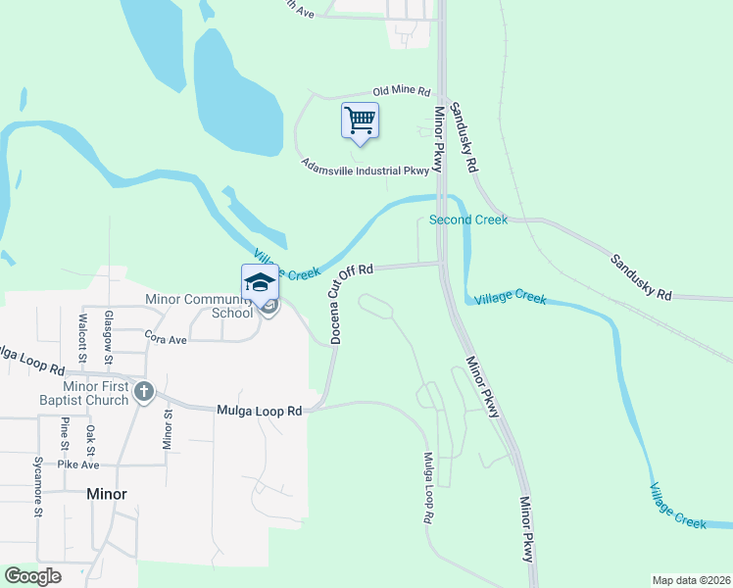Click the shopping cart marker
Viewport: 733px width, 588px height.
click(x=360, y=121)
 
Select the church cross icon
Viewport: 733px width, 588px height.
click(x=144, y=392)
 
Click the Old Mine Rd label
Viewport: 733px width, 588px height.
click(x=402, y=91)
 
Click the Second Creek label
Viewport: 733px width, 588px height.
click(x=468, y=220)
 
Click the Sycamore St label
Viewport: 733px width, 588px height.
click(x=38, y=486)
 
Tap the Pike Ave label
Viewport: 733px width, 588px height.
click(x=79, y=464)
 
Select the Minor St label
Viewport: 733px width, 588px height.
click(x=167, y=429)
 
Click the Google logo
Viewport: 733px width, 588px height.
click(x=33, y=576)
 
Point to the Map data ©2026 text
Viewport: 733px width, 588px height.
click(x=691, y=580)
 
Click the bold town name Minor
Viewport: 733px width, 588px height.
click(x=106, y=494)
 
